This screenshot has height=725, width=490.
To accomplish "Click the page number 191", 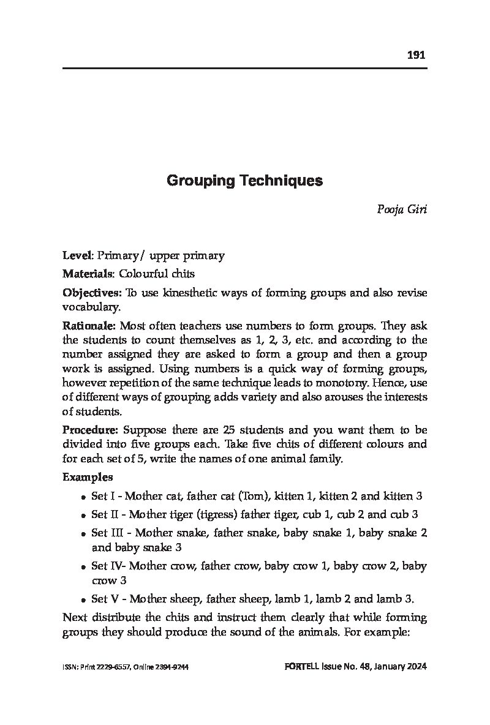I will (x=416, y=55).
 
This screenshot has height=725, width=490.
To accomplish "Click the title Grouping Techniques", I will (x=244, y=181).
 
